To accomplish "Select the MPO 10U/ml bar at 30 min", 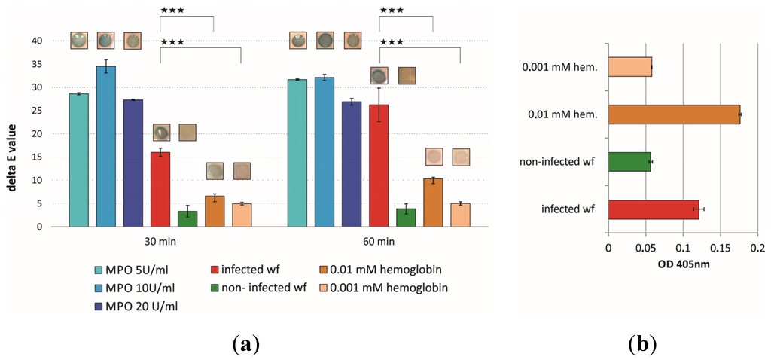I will [105, 146].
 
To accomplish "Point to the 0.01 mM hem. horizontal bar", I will [673, 114].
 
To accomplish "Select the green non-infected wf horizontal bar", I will [629, 162].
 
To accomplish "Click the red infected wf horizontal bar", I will [653, 209].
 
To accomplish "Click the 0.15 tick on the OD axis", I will [720, 248].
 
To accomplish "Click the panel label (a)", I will [245, 344].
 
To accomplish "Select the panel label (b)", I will [641, 344].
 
